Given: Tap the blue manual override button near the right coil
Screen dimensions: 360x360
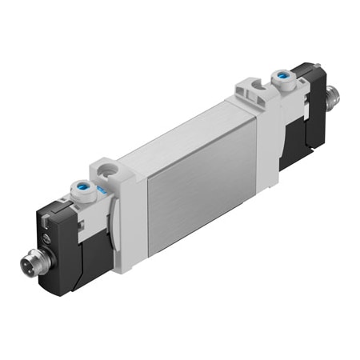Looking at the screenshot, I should click(x=283, y=78).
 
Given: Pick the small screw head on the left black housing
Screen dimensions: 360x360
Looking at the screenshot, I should click(x=46, y=238).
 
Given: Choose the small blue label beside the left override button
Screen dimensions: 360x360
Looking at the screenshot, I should click(x=100, y=192).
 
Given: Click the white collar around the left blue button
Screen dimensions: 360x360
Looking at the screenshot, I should click(x=82, y=198).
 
